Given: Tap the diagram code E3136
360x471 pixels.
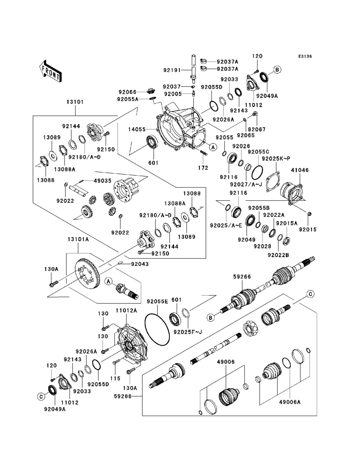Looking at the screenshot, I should click(x=305, y=57).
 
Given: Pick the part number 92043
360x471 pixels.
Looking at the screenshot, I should click(x=130, y=264).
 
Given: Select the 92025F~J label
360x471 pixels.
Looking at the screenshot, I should click(x=188, y=332).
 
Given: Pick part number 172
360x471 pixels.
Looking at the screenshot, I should click(x=203, y=168).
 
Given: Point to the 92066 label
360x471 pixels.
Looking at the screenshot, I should click(x=127, y=92).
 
